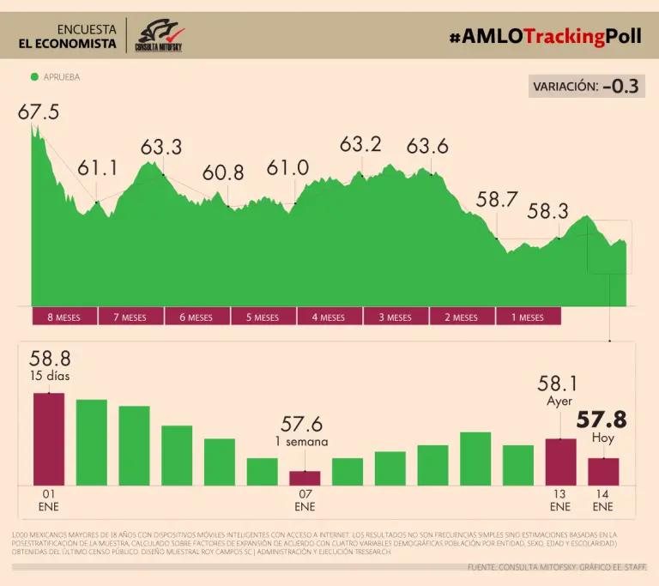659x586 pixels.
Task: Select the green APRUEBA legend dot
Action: click(34, 76)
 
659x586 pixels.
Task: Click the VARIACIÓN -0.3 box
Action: click(586, 86)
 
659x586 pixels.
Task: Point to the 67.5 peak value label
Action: click(39, 112)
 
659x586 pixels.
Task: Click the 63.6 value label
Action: click(427, 146)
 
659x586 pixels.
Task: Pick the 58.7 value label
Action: click(497, 200)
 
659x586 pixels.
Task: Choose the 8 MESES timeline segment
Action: click(64, 317)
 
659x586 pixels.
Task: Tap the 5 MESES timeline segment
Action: click(263, 317)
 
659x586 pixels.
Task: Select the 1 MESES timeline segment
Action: click(528, 317)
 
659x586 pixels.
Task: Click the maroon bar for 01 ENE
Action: click(49, 439)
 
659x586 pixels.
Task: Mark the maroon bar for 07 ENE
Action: click(305, 478)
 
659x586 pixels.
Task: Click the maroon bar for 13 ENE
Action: click(560, 462)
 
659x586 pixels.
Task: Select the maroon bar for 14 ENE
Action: click(603, 472)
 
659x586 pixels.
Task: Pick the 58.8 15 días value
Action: click(50, 359)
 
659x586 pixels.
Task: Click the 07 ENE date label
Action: click(305, 500)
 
